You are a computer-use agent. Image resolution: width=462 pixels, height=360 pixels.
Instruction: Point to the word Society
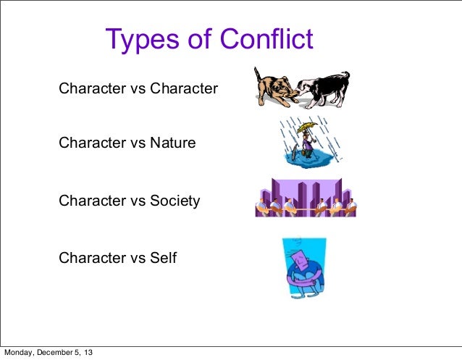175,200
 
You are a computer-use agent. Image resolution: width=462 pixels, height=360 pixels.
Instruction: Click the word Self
163,257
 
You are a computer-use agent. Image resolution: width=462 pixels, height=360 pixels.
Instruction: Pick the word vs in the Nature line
137,143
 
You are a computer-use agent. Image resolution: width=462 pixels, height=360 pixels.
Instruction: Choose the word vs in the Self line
137,257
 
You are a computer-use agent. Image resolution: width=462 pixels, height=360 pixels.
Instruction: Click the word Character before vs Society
91,200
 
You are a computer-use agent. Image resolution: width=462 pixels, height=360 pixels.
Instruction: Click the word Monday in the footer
20,353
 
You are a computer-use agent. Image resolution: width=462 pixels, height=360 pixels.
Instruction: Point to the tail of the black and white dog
345,76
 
